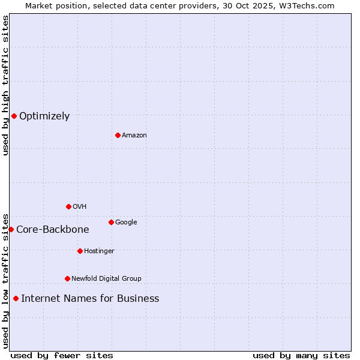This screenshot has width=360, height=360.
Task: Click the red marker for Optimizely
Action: click(x=14, y=116)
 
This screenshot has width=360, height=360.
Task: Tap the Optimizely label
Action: click(x=44, y=116)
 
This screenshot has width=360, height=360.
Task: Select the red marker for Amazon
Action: click(x=118, y=135)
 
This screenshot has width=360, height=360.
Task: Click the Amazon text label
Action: click(x=134, y=136)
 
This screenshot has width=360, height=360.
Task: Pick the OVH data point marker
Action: click(x=68, y=206)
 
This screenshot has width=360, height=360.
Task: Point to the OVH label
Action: click(x=80, y=207)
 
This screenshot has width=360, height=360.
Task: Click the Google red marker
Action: click(x=111, y=222)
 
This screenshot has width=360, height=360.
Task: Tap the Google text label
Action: click(x=126, y=223)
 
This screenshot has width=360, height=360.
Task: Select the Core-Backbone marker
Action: click(x=11, y=229)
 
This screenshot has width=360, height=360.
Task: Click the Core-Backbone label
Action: click(x=53, y=230)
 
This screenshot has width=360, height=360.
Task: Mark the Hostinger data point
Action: click(x=80, y=251)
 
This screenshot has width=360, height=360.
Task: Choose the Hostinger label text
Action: click(x=99, y=251)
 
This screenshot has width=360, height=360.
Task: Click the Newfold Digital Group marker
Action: click(x=67, y=278)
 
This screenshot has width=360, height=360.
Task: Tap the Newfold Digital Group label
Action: click(x=106, y=279)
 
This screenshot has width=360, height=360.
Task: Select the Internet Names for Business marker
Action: click(x=16, y=298)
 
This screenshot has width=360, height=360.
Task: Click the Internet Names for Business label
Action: click(x=90, y=299)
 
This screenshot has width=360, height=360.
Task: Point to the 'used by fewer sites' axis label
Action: click(x=62, y=355)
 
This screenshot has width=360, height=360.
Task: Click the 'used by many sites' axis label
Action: click(x=301, y=355)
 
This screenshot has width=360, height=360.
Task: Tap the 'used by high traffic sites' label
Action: click(x=5, y=85)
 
